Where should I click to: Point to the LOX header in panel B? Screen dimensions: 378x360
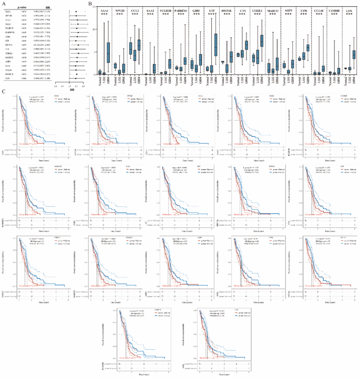pos(349,8)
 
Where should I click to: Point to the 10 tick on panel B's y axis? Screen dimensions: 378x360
pos(95,29)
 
